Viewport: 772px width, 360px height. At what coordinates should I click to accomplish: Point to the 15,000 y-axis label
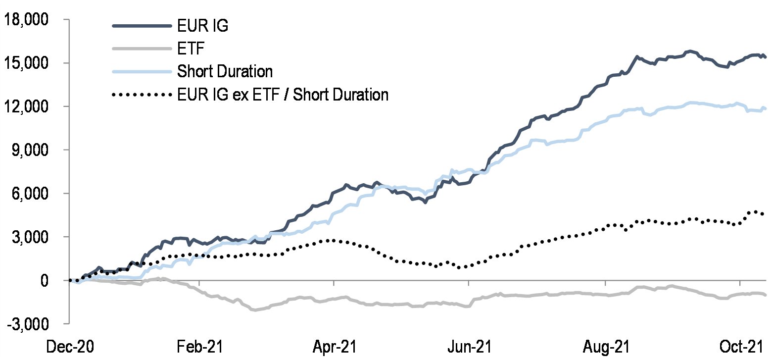(x=31, y=63)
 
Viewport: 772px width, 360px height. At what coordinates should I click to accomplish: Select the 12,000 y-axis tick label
(x=31, y=107)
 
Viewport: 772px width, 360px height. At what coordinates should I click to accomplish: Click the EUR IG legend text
(x=202, y=26)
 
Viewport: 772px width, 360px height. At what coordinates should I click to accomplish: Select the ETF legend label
(x=191, y=49)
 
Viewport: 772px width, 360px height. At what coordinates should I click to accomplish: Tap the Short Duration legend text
(x=225, y=71)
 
